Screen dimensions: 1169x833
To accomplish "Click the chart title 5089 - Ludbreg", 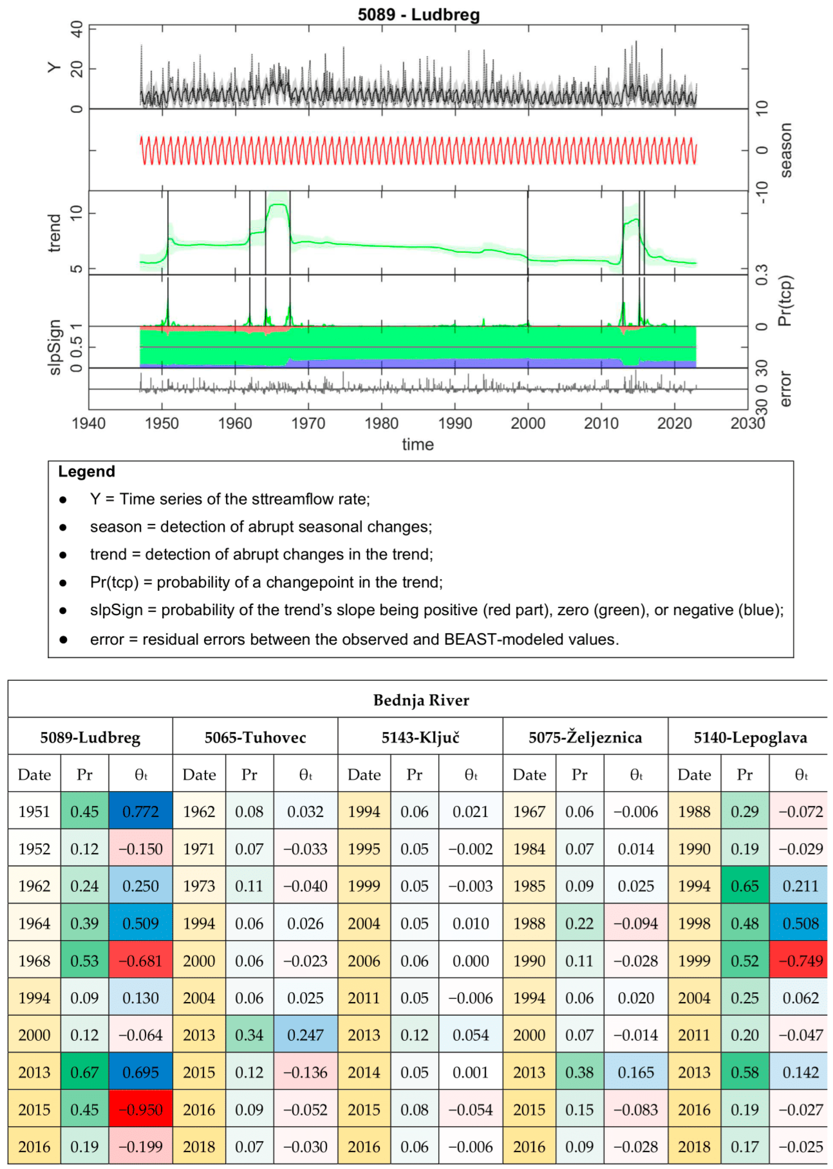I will coord(419,14).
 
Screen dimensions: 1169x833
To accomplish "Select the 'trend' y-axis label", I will coord(54,233).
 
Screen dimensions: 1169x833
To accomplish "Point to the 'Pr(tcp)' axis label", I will coord(785,301).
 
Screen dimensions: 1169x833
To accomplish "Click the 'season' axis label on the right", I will coord(785,150).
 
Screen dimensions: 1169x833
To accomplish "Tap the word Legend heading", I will coord(86,471).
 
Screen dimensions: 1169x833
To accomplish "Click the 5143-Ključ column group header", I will coord(420,737).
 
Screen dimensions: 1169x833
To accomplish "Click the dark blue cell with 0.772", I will coord(141,812).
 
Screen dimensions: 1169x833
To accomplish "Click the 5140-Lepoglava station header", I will coord(750,737).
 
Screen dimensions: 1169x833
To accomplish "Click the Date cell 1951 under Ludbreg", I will coord(34,812).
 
